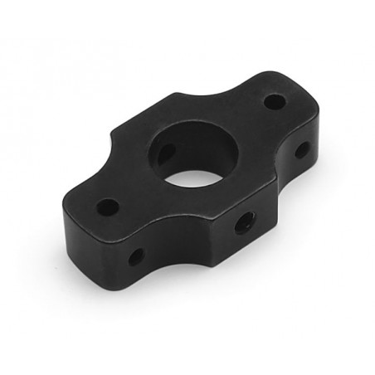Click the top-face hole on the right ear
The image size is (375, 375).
[x=275, y=103]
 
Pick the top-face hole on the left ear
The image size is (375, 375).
[x=107, y=203]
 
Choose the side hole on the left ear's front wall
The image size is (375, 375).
[x=135, y=256]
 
